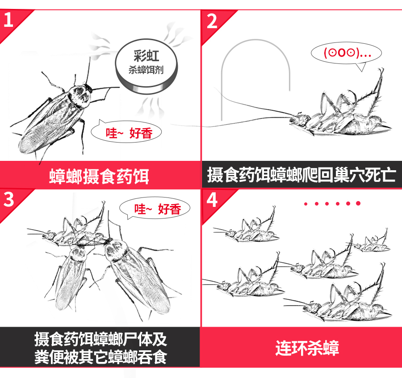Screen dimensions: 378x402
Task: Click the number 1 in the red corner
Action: (x=8, y=20)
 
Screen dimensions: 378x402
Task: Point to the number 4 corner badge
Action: (x=212, y=200)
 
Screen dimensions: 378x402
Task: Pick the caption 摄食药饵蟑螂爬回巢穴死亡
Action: (x=301, y=175)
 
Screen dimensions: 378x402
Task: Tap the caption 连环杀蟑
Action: (x=301, y=347)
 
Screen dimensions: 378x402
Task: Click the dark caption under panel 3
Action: (x=99, y=348)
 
